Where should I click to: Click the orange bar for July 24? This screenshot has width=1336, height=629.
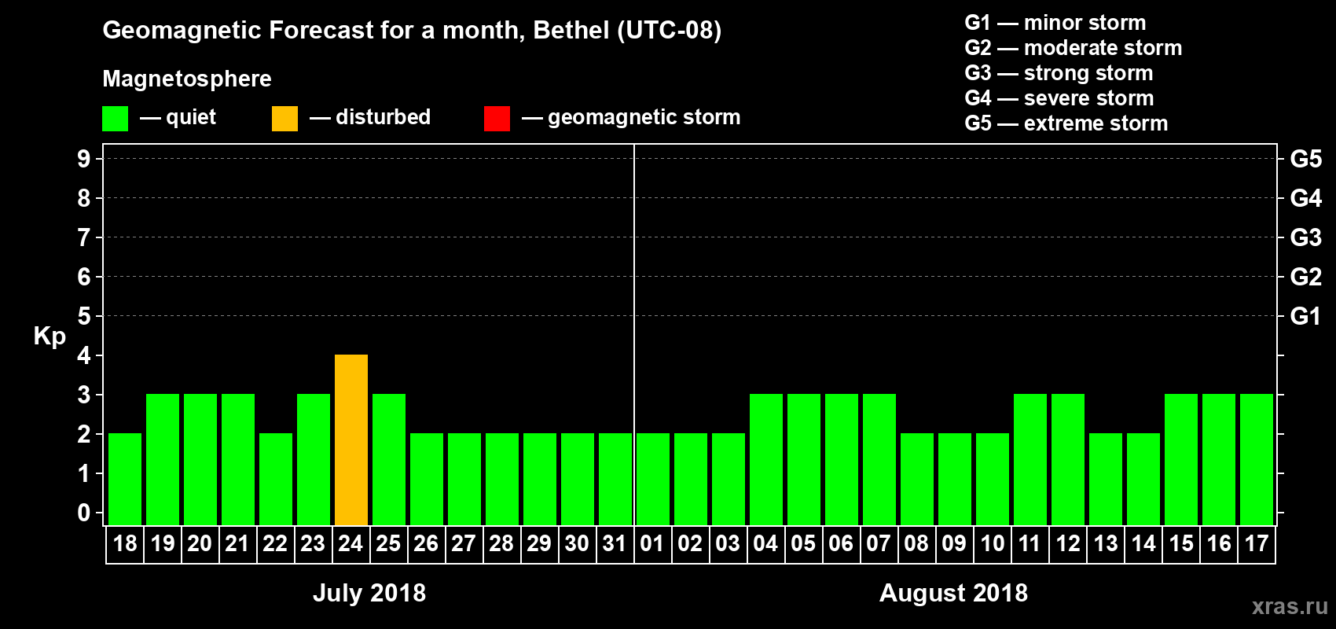(x=351, y=440)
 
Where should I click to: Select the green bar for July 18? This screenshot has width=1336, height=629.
(x=125, y=479)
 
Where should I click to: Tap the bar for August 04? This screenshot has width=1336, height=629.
(x=766, y=459)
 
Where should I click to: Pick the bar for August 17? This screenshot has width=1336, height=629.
(x=1257, y=459)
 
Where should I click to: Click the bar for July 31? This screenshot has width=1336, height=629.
(x=615, y=479)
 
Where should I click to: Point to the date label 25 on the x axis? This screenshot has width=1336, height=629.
(x=388, y=543)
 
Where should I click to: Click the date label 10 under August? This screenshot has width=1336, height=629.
(x=993, y=543)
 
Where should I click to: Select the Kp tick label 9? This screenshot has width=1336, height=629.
(x=84, y=159)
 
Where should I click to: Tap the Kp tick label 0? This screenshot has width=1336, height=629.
(x=84, y=513)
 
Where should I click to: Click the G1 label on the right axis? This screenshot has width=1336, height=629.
(x=1305, y=316)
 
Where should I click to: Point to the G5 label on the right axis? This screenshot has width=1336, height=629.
(x=1305, y=159)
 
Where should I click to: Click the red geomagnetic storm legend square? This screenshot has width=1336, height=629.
(x=497, y=119)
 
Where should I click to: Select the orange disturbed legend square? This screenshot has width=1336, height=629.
(x=284, y=119)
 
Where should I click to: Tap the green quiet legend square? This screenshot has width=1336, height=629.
(x=115, y=119)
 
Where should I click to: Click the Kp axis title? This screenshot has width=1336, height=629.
(x=50, y=336)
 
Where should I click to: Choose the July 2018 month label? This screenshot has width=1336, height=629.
(x=369, y=593)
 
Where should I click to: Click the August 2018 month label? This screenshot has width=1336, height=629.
(x=953, y=593)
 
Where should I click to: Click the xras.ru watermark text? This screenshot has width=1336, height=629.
(x=1290, y=606)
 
